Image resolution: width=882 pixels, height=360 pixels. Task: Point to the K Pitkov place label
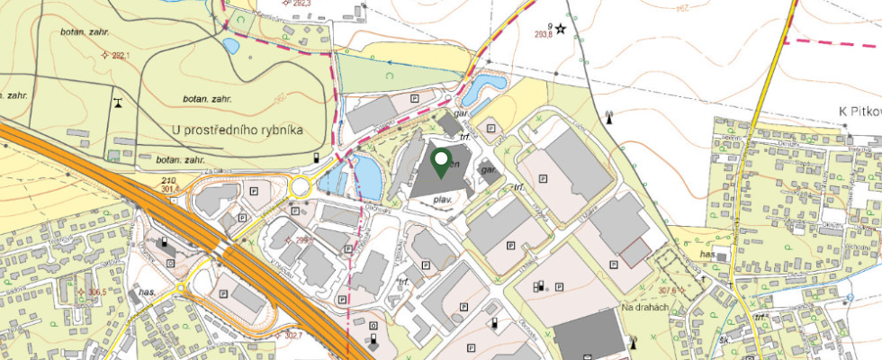pyautogui.click(x=859, y=112)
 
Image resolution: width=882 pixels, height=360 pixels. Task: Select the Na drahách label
pyautogui.click(x=645, y=308)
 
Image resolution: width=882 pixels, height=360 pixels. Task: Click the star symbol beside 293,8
pyautogui.click(x=562, y=28)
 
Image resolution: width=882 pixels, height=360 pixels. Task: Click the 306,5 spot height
pyautogui.click(x=94, y=292)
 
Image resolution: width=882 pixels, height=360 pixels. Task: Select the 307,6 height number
pyautogui.click(x=668, y=290)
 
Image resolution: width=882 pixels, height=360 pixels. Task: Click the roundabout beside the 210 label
pyautogui.click(x=300, y=187)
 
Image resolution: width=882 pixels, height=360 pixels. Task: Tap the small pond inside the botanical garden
pyautogui.click(x=230, y=45)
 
